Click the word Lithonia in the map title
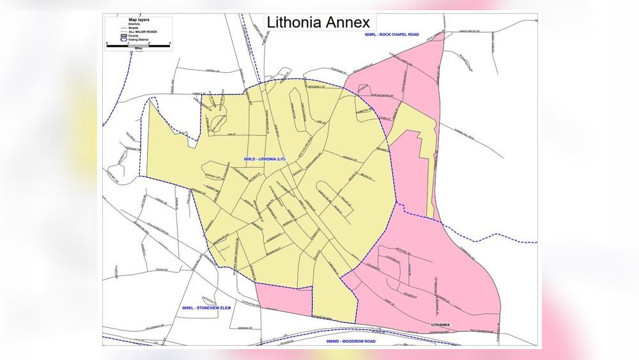coord(292,22)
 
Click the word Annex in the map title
coord(346,22)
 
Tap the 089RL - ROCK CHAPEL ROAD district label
coord(392,34)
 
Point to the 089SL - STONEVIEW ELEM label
coord(202,309)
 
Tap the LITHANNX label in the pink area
coord(441,325)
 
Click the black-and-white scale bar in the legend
coord(137,45)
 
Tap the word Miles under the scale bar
coord(137,49)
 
